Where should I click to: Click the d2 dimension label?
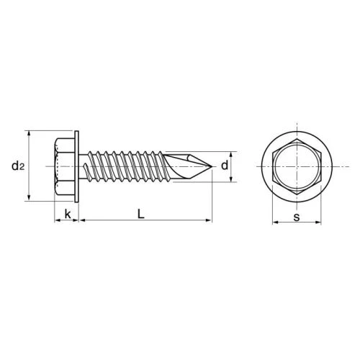click(18, 167)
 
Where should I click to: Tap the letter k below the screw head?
click(67, 215)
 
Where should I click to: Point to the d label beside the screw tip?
click(225, 166)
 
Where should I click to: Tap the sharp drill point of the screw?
click(212, 168)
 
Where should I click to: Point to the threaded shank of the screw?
click(122, 167)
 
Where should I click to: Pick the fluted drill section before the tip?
click(184, 167)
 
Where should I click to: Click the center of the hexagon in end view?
click(296, 167)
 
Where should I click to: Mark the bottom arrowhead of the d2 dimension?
click(29, 200)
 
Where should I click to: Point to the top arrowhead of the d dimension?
click(232, 153)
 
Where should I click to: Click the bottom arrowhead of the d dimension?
click(232, 181)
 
